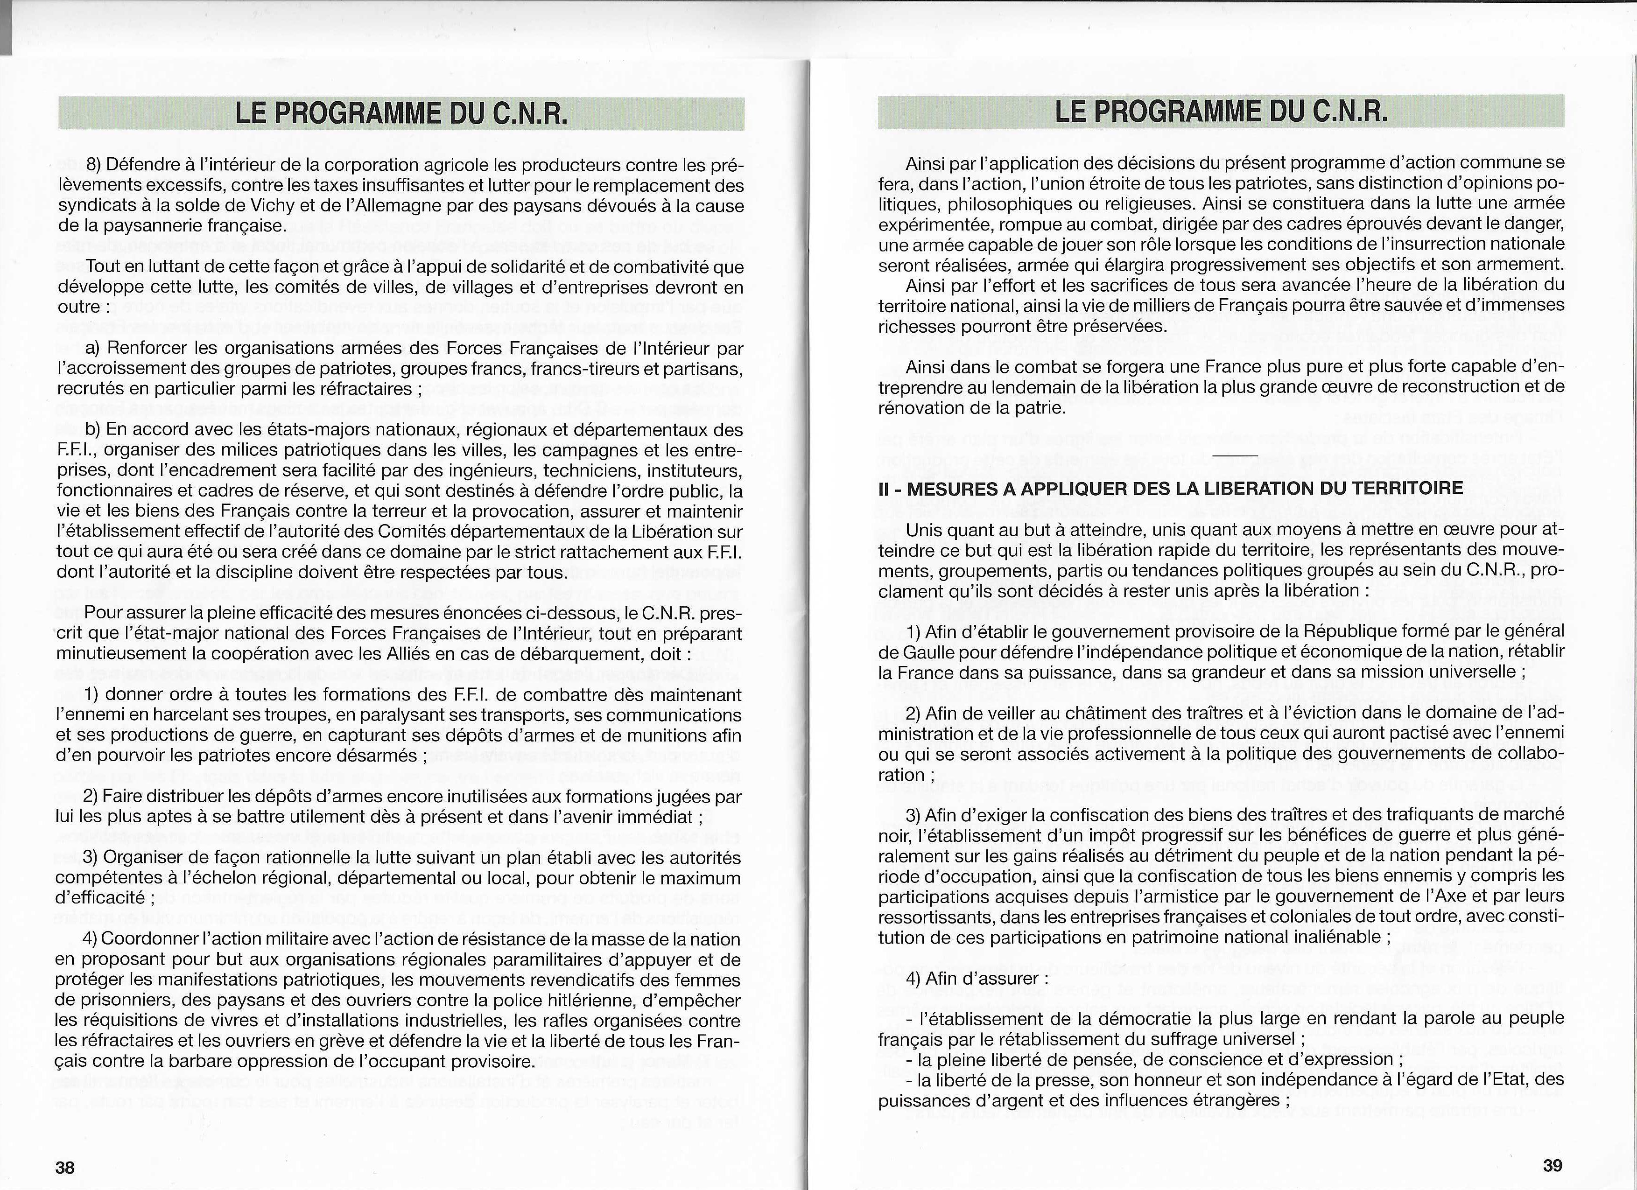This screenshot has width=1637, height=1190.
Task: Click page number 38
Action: pyautogui.click(x=65, y=1167)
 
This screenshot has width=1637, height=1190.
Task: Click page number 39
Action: pyautogui.click(x=1553, y=1165)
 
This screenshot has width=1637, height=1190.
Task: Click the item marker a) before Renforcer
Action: pyautogui.click(x=93, y=349)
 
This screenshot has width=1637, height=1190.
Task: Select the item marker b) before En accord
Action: pyautogui.click(x=93, y=429)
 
